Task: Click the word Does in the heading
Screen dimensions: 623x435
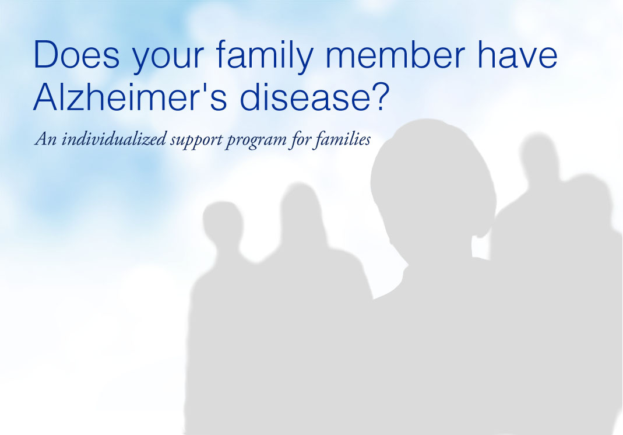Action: tap(77, 54)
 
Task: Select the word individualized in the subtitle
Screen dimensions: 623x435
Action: tap(114, 139)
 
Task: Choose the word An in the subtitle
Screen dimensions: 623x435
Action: tap(45, 139)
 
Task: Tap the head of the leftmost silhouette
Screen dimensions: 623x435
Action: tap(223, 224)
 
